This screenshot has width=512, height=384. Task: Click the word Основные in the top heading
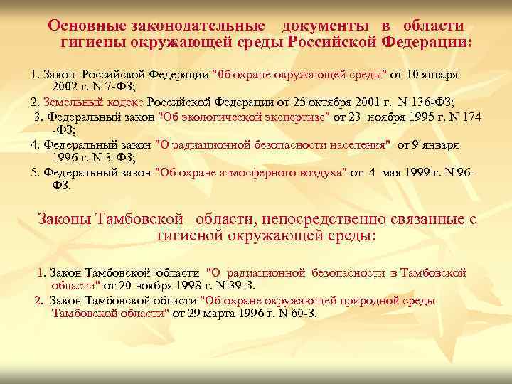88,25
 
